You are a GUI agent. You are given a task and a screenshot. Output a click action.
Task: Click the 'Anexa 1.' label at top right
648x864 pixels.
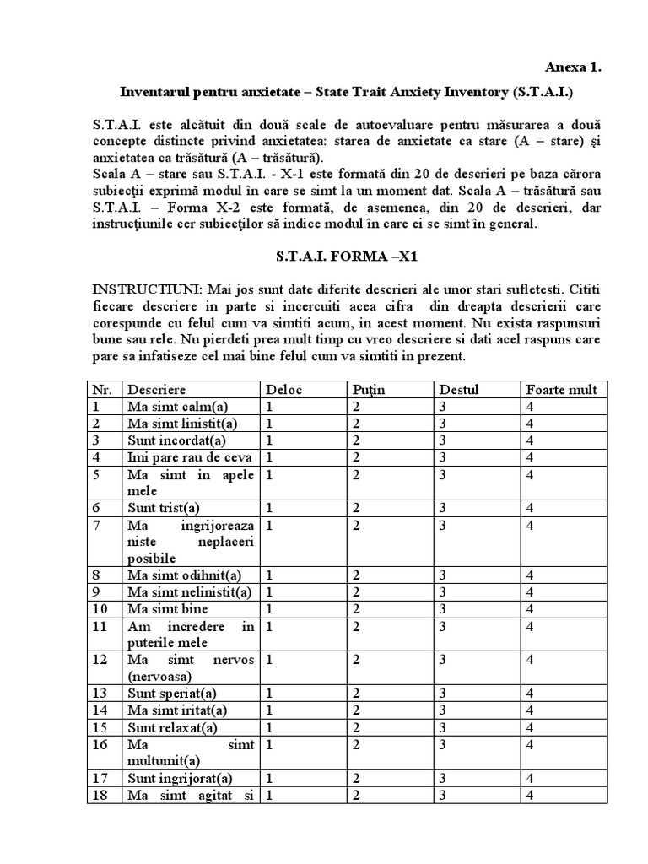pyautogui.click(x=573, y=67)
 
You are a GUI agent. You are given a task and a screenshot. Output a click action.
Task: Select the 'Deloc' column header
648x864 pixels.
pyautogui.click(x=283, y=389)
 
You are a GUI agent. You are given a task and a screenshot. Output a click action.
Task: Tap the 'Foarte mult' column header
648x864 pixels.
pyautogui.click(x=561, y=389)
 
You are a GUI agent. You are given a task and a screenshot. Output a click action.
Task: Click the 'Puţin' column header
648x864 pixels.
pyautogui.click(x=369, y=389)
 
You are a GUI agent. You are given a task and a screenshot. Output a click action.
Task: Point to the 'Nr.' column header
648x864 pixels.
pyautogui.click(x=102, y=389)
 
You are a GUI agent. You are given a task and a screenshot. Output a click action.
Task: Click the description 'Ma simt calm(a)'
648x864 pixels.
pyautogui.click(x=178, y=406)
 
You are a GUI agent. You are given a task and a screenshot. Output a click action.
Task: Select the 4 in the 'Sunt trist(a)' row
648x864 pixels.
pyautogui.click(x=530, y=507)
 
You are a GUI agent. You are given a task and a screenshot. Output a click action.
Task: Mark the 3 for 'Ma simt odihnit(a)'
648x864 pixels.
pyautogui.click(x=442, y=575)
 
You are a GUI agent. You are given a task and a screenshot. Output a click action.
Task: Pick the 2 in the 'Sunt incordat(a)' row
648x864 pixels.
pyautogui.click(x=357, y=440)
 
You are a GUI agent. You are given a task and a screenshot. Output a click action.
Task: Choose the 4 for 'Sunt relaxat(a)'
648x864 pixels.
pyautogui.click(x=530, y=726)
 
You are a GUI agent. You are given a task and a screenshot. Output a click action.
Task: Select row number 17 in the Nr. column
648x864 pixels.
pyautogui.click(x=100, y=777)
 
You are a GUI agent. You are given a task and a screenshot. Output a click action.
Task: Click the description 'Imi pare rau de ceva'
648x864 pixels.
pyautogui.click(x=191, y=456)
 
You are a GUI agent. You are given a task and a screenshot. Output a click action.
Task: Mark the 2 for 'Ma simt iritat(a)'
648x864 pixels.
pyautogui.click(x=357, y=710)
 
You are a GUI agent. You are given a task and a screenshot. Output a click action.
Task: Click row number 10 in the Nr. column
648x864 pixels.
pyautogui.click(x=100, y=608)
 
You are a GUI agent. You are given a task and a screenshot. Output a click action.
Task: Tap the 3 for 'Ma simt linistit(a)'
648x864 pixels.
pyautogui.click(x=442, y=423)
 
